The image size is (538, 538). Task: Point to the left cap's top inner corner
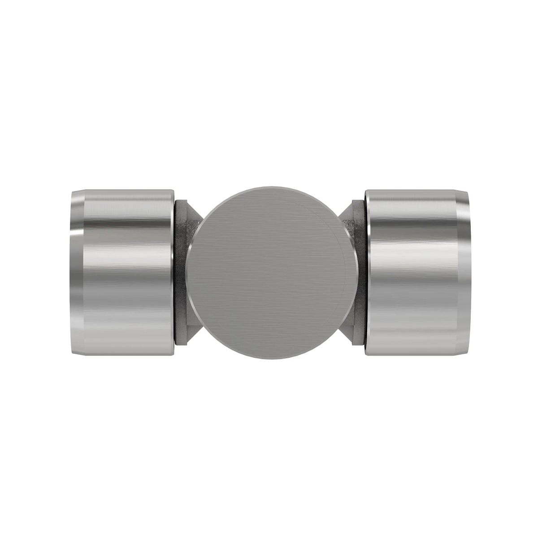pyautogui.click(x=173, y=190)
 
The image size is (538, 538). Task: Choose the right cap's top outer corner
pyautogui.click(x=466, y=192)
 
